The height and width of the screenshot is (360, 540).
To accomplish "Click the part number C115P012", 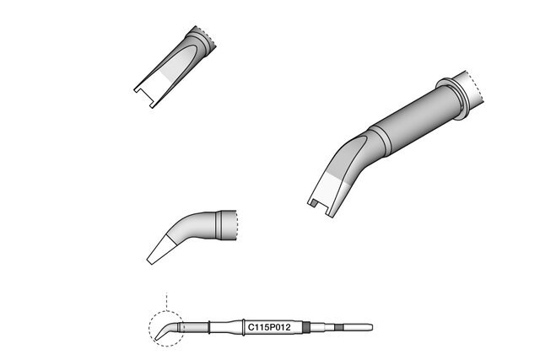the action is point(269,327).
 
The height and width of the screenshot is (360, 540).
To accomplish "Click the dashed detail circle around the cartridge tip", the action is point(149,328).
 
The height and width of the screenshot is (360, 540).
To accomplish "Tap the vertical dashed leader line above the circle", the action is point(166,302).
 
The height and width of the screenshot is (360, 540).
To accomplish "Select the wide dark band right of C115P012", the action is point(306,327).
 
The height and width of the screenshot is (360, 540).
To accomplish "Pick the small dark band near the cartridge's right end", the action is point(339,327).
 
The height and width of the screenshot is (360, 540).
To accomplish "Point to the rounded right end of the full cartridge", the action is point(371,327).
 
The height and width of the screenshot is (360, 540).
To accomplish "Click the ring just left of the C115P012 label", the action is point(244,327).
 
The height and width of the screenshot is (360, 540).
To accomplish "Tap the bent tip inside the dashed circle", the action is point(166,330).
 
